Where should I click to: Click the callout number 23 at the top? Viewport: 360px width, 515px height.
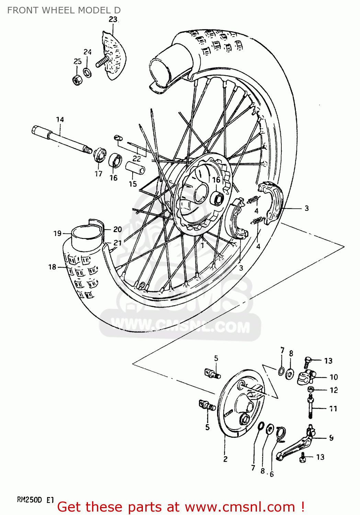113,20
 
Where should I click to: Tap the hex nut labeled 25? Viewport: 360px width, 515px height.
78,80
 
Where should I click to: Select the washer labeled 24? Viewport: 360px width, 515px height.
88,72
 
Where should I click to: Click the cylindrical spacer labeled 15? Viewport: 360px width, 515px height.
135,168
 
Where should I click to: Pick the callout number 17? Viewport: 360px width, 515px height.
99,174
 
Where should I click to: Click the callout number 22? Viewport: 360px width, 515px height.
137,159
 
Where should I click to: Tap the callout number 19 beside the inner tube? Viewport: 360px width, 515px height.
57,233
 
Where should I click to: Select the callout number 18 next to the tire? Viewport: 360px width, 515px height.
52,267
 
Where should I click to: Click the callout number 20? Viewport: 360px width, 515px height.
117,229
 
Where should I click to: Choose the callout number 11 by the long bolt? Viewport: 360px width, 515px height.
333,409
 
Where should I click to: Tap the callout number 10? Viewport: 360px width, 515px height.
334,377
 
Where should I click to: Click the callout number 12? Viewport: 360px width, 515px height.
334,390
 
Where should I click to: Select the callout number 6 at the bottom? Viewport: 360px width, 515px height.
272,474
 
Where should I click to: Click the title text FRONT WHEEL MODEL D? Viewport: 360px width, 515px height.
64,10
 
